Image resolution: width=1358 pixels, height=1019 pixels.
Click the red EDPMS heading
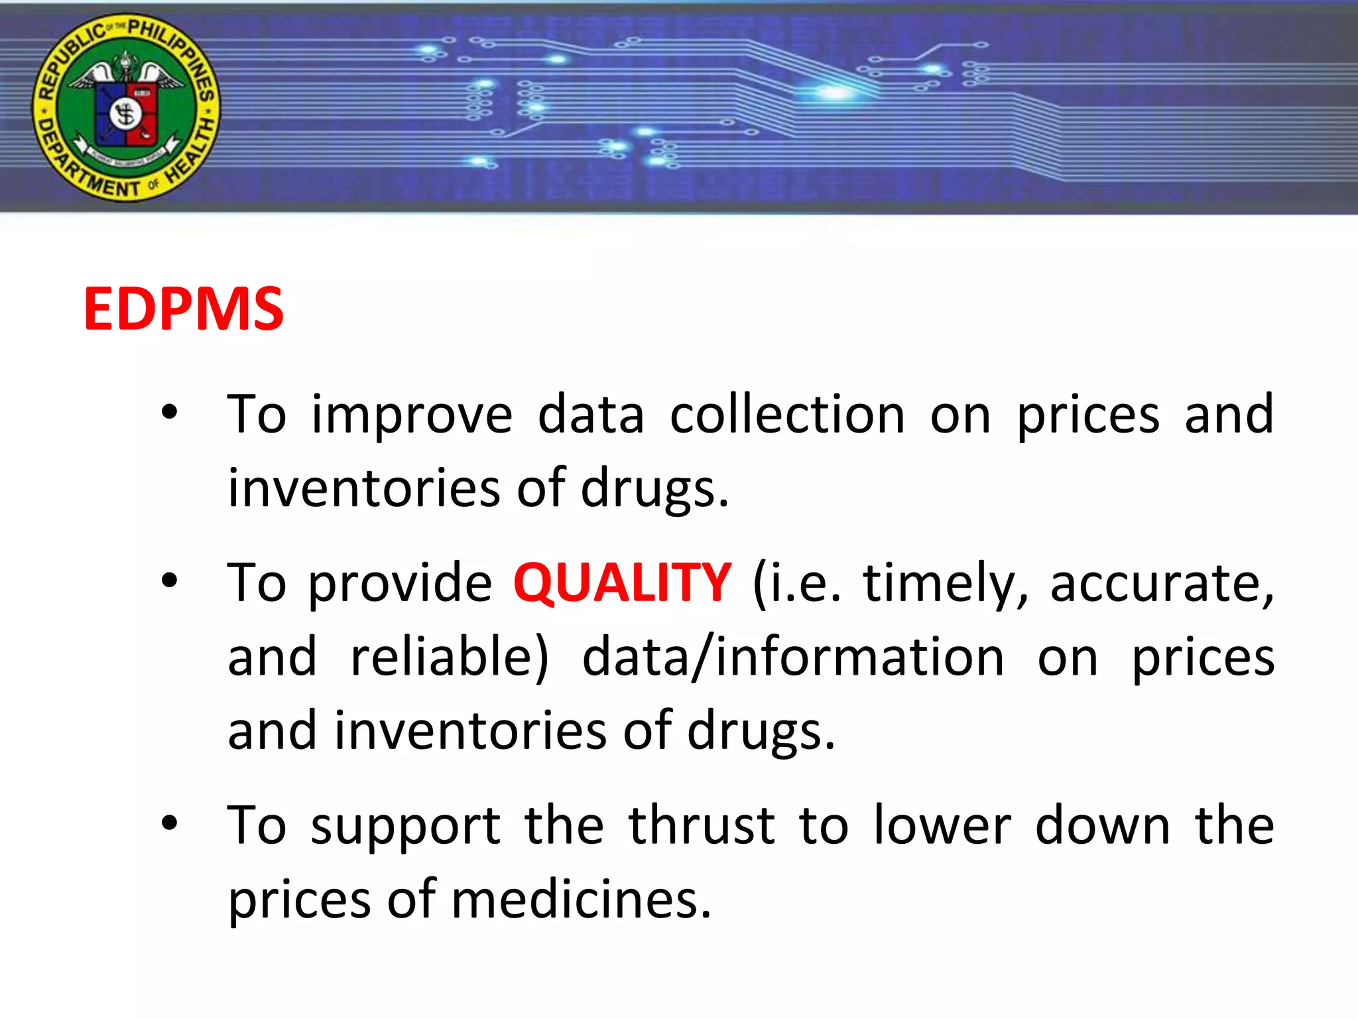tap(184, 309)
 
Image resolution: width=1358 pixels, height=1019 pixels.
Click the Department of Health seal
tap(126, 107)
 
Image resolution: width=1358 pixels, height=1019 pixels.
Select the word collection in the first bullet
tap(787, 415)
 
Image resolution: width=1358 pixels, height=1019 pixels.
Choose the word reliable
tap(450, 657)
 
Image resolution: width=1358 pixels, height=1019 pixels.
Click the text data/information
tap(793, 657)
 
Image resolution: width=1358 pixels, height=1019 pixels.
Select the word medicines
tap(582, 900)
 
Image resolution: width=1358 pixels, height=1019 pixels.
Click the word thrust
tap(702, 826)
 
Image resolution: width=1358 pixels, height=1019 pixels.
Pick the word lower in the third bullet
tap(942, 826)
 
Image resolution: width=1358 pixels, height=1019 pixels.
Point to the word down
tap(1103, 826)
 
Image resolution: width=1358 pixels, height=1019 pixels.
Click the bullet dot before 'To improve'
tap(170, 413)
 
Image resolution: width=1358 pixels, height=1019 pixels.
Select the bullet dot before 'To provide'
tap(170, 580)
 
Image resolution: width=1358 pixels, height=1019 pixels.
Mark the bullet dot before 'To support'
tap(170, 823)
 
